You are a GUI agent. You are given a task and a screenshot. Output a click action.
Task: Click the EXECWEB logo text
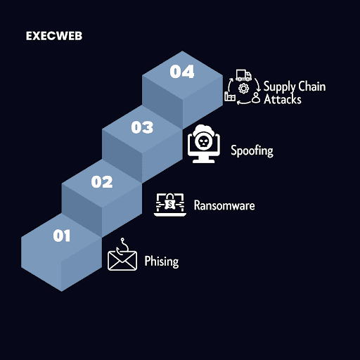(54, 36)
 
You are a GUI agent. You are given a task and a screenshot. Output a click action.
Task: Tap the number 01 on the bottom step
(61, 236)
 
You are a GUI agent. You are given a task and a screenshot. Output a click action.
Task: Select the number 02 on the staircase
(102, 181)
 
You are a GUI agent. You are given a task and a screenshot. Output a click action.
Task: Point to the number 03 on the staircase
(142, 127)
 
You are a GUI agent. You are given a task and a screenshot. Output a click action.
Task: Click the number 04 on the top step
(182, 72)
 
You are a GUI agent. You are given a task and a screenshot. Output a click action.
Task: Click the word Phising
(162, 262)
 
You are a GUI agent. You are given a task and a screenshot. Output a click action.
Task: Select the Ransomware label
(224, 205)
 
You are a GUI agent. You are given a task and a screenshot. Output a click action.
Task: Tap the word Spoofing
(252, 150)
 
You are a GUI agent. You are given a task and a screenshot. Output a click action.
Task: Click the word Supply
(279, 86)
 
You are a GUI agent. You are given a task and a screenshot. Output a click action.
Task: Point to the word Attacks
(283, 99)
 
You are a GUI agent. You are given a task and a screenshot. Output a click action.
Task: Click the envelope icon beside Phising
(122, 260)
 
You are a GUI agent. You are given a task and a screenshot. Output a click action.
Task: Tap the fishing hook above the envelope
(122, 246)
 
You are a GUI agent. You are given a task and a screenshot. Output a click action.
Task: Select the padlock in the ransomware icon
(170, 202)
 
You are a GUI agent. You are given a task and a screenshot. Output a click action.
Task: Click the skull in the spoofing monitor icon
(203, 142)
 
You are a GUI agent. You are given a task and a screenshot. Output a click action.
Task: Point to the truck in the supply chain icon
(243, 75)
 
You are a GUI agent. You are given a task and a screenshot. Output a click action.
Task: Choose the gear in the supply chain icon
(244, 89)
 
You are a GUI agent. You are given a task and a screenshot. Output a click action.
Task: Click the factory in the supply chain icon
(230, 96)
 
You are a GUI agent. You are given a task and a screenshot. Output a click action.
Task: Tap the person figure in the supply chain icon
(256, 98)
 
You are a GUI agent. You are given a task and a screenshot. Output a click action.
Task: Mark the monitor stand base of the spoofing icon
(203, 161)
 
